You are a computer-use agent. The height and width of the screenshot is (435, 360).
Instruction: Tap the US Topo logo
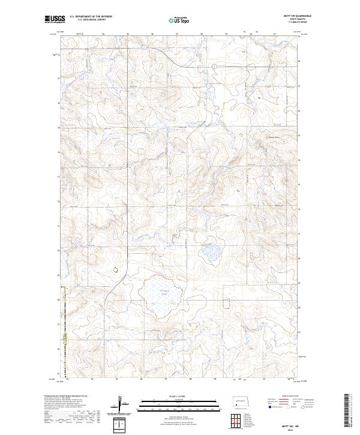click(x=179, y=20)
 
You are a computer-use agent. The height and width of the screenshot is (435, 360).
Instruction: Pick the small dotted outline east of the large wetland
click(x=227, y=303)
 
